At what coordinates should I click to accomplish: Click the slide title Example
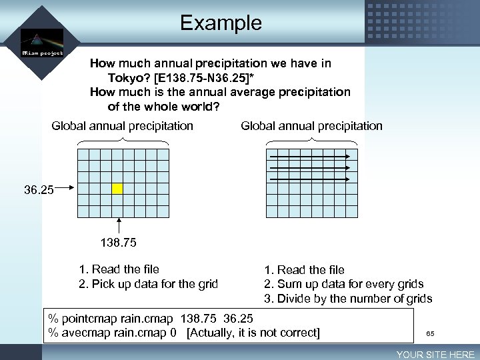point(221,23)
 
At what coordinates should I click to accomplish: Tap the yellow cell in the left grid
point(117,189)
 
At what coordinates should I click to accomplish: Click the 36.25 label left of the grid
point(39,190)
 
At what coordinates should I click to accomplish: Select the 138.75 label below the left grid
point(119,244)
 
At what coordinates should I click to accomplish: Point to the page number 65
point(430,333)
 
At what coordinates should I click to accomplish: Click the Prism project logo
point(41,43)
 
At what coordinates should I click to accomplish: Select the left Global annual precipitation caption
point(122,126)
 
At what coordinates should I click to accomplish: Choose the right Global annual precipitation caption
point(311,126)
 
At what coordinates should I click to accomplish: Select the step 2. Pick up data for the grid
point(149,284)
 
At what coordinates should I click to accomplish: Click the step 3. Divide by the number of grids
point(348,299)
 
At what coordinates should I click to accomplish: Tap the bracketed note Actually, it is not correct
point(253,332)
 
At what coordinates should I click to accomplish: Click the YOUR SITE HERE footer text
point(435,355)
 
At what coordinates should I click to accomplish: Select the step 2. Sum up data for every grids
point(343,284)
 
